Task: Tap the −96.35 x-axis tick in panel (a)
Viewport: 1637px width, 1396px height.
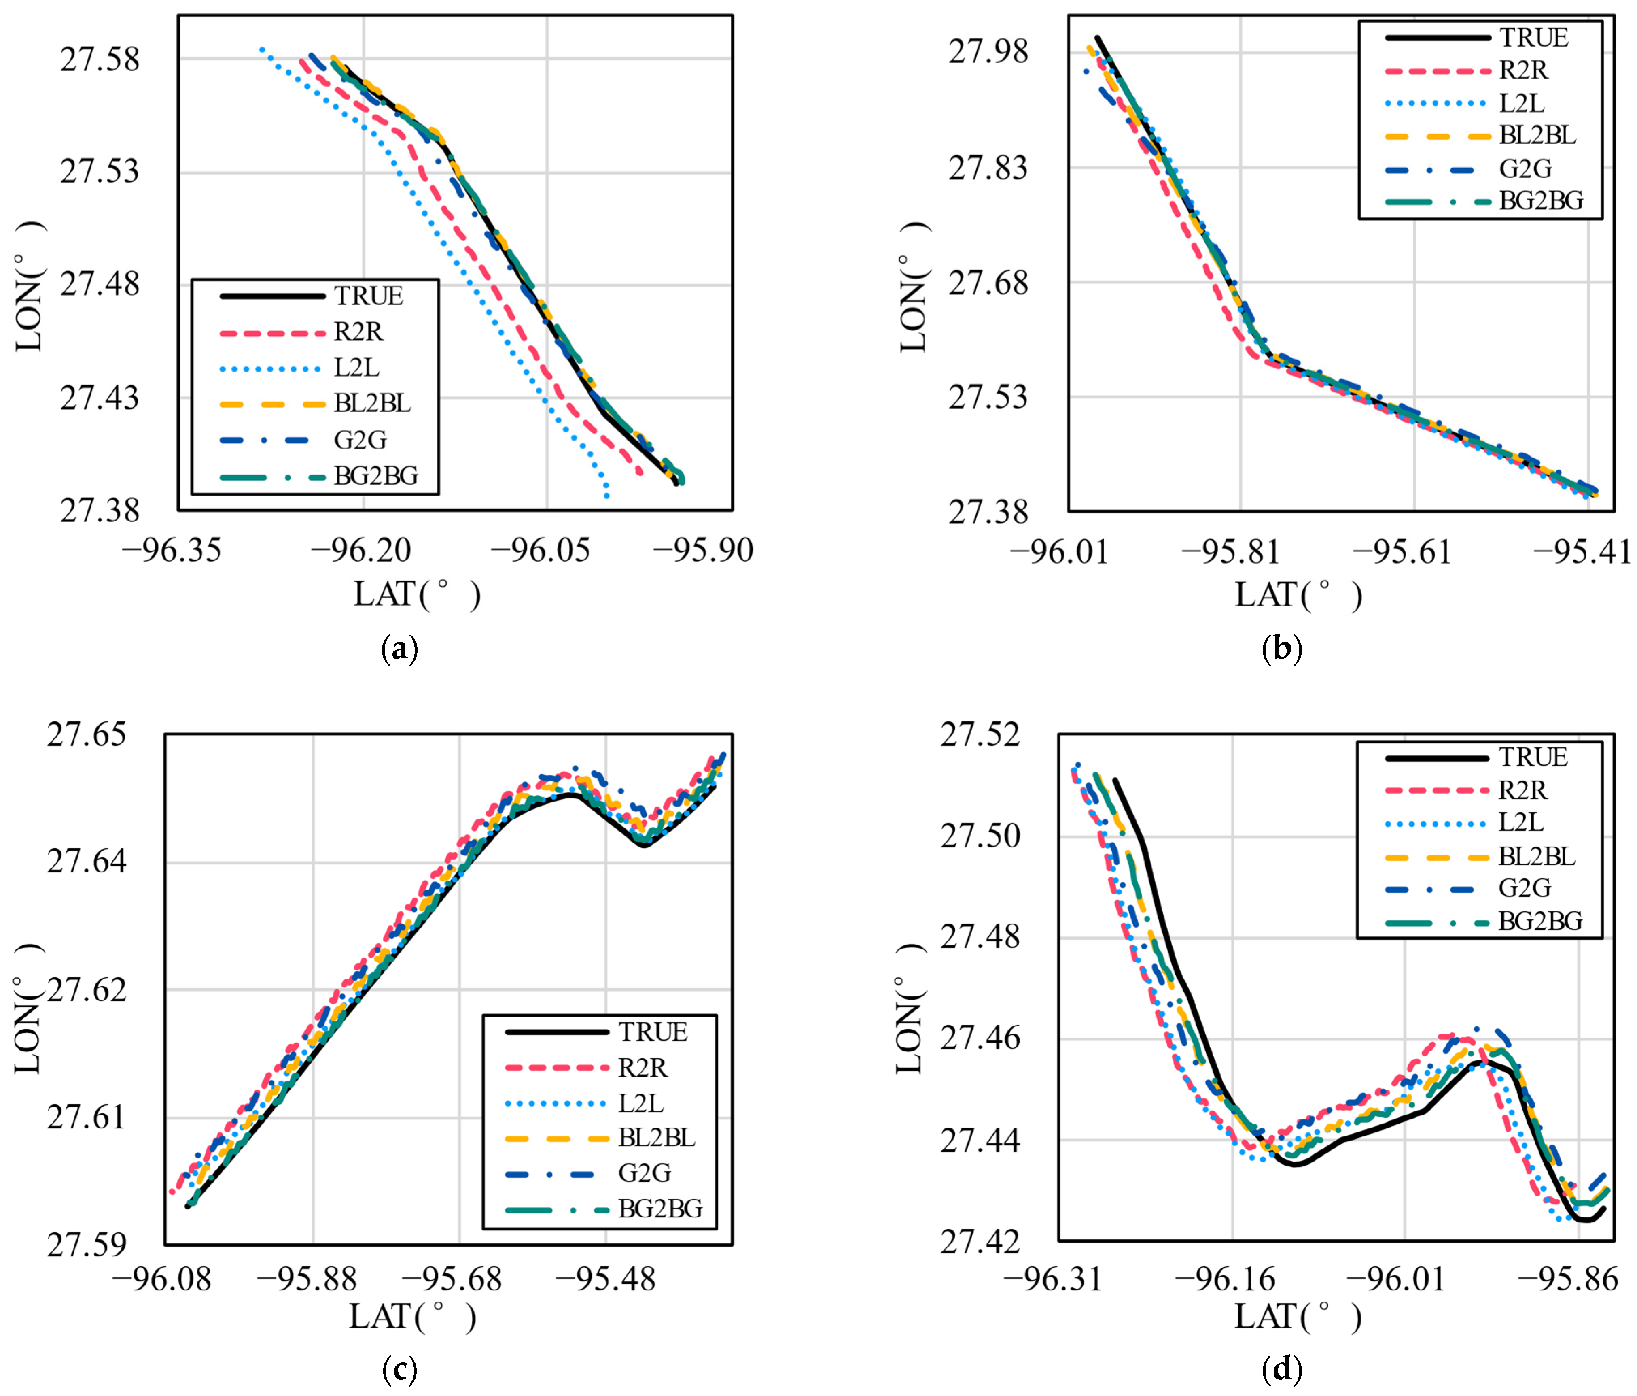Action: [171, 549]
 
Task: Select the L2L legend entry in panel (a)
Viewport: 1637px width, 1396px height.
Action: [356, 368]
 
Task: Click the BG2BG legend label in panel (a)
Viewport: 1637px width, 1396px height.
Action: [375, 476]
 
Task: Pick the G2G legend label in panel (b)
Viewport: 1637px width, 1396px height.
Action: [1525, 168]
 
